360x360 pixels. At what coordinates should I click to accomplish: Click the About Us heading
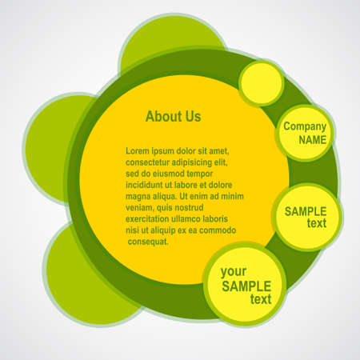click(173, 117)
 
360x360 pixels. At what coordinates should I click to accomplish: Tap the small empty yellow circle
click(261, 83)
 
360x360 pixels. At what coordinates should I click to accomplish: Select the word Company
click(305, 126)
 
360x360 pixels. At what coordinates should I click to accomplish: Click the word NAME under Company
click(313, 139)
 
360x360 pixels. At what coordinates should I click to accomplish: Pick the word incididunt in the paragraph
click(148, 184)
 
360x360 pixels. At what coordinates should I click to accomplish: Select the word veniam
click(142, 206)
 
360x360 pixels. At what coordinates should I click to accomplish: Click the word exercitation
click(153, 218)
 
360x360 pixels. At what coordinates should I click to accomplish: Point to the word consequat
click(149, 241)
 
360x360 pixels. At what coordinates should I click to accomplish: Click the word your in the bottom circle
click(234, 271)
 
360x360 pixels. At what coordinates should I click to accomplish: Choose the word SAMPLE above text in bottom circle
click(246, 286)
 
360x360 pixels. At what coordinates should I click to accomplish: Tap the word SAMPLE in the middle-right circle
click(305, 211)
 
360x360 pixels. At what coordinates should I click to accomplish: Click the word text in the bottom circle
click(261, 299)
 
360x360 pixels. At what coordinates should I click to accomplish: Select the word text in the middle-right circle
click(316, 223)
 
